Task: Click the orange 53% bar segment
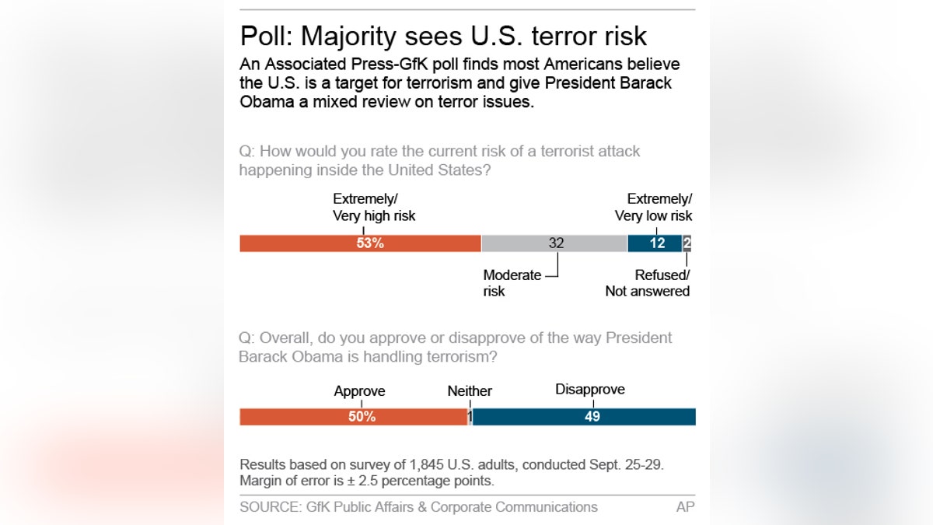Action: tap(360, 243)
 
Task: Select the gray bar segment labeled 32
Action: tap(554, 243)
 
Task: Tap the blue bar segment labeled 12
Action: tap(655, 243)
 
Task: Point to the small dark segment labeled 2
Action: tap(687, 243)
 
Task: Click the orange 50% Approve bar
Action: tap(354, 416)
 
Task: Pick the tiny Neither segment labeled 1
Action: tap(470, 416)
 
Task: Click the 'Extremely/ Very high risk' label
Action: tap(374, 208)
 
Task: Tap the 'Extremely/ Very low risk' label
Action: tap(654, 208)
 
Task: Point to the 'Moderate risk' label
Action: tap(512, 283)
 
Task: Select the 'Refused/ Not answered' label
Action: tap(648, 283)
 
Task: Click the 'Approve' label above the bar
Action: tap(359, 391)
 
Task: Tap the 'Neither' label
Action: tap(470, 391)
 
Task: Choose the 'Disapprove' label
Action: tap(589, 390)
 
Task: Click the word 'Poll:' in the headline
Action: tap(266, 37)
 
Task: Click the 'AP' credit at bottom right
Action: tap(685, 507)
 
